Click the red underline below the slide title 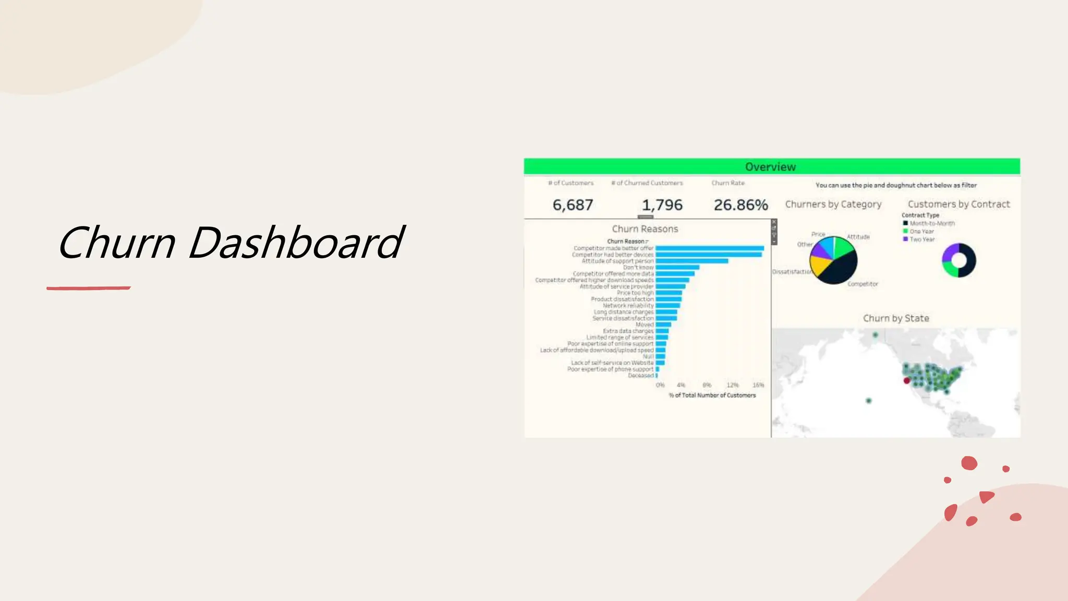point(88,287)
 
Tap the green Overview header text point(770,167)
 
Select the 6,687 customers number point(573,205)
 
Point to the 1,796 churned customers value point(662,205)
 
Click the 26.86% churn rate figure point(741,205)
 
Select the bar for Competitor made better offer point(709,248)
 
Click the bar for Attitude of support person point(691,261)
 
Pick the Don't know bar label point(638,267)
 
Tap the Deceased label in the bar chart point(640,376)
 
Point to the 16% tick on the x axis point(758,385)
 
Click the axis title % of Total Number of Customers point(712,395)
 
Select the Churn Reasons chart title point(645,229)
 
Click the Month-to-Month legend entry point(932,223)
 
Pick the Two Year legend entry point(922,239)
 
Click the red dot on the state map point(907,381)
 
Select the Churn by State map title point(896,318)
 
